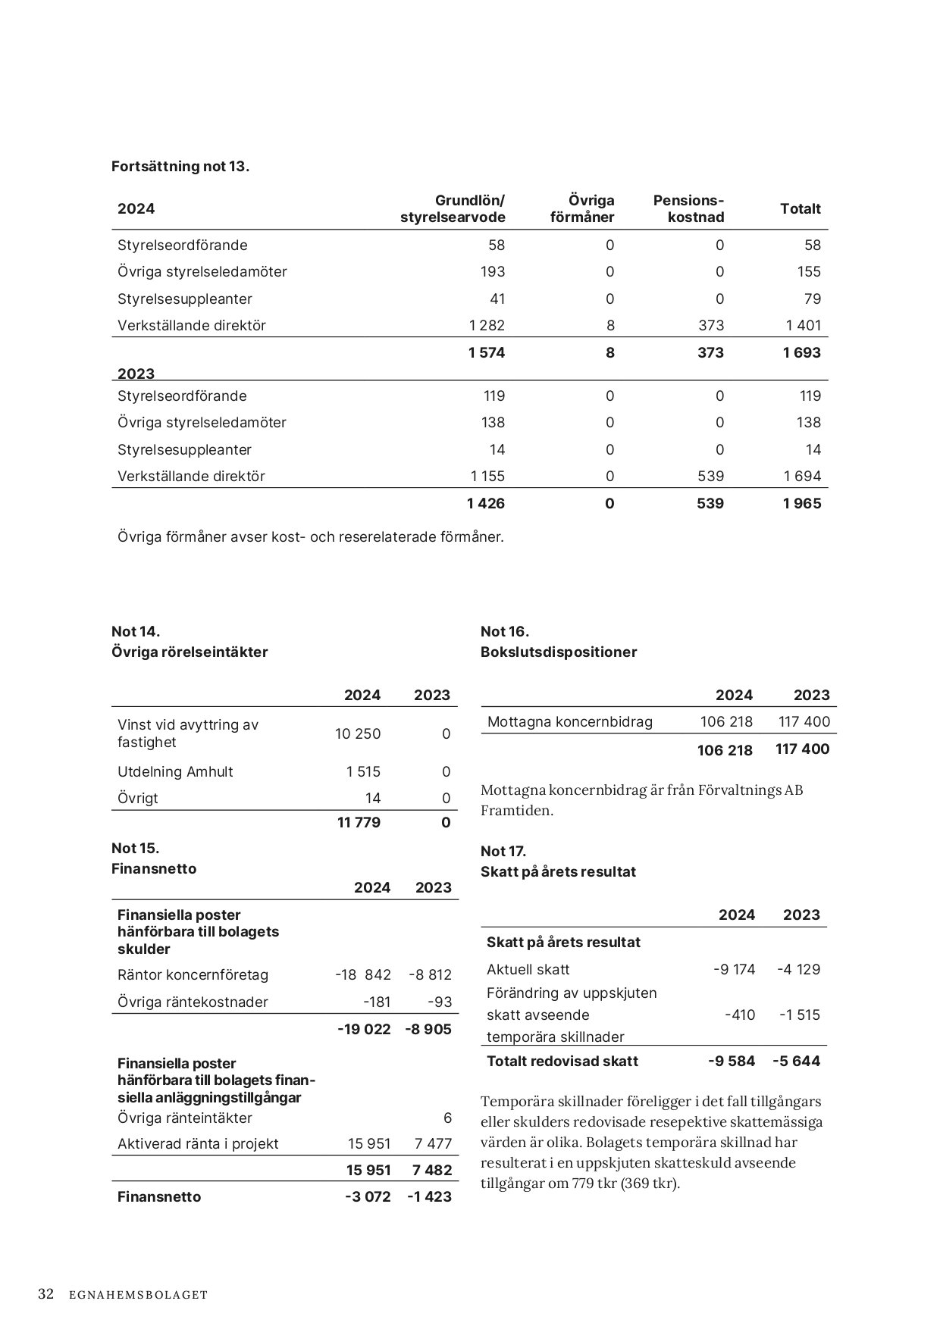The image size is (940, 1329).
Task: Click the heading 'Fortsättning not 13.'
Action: tap(180, 167)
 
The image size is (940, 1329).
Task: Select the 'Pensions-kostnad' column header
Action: tap(688, 209)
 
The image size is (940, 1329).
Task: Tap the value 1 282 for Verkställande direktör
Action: tap(487, 326)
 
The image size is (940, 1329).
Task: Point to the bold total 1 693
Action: tap(802, 353)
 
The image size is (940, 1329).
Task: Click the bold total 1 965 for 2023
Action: tap(802, 504)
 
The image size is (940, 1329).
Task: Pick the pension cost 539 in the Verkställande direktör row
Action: tap(710, 477)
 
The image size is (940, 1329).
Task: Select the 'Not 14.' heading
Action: tap(136, 632)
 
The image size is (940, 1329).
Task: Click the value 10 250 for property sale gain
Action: tap(358, 734)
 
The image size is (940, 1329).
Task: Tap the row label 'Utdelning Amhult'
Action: tap(175, 772)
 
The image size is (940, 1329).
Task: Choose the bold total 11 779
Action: tap(359, 823)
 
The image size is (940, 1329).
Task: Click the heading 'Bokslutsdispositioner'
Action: tap(559, 652)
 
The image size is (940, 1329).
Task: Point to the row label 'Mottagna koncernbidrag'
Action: tap(569, 722)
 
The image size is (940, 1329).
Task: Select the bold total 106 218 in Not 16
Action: tap(725, 750)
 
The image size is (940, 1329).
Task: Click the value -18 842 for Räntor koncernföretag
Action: tap(363, 975)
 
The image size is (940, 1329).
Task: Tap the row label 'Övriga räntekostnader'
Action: tap(193, 1002)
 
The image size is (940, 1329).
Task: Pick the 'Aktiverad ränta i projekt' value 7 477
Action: tap(434, 1144)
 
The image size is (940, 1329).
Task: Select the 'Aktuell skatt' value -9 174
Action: tap(735, 970)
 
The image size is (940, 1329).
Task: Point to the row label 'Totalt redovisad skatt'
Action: tap(562, 1062)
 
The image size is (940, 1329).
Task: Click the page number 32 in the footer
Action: tap(46, 1294)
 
